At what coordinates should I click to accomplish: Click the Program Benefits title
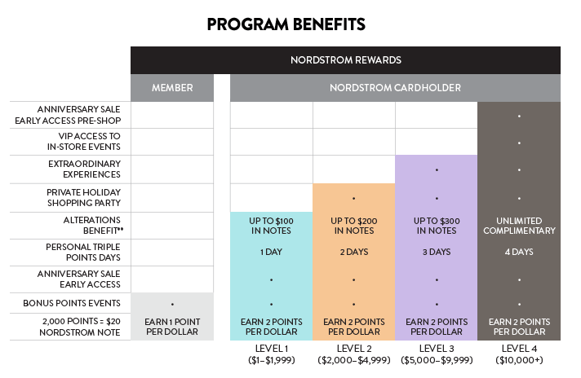[286, 24]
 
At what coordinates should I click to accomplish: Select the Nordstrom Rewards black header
[345, 59]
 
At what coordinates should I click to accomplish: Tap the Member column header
[171, 88]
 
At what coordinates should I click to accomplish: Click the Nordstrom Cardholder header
[395, 88]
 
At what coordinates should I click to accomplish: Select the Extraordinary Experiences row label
[80, 169]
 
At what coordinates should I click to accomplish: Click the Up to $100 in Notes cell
[271, 225]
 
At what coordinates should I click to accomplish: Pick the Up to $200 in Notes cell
[353, 225]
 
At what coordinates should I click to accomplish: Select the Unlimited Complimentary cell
[519, 225]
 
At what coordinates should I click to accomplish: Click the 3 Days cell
[437, 252]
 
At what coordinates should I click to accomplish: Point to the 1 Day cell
[271, 252]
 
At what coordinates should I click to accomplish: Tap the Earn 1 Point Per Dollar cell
[171, 327]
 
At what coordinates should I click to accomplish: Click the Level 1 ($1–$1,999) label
[271, 354]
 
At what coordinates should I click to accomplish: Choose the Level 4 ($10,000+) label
[519, 354]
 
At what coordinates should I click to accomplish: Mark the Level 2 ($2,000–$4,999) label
[353, 354]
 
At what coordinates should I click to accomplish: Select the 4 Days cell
[519, 252]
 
